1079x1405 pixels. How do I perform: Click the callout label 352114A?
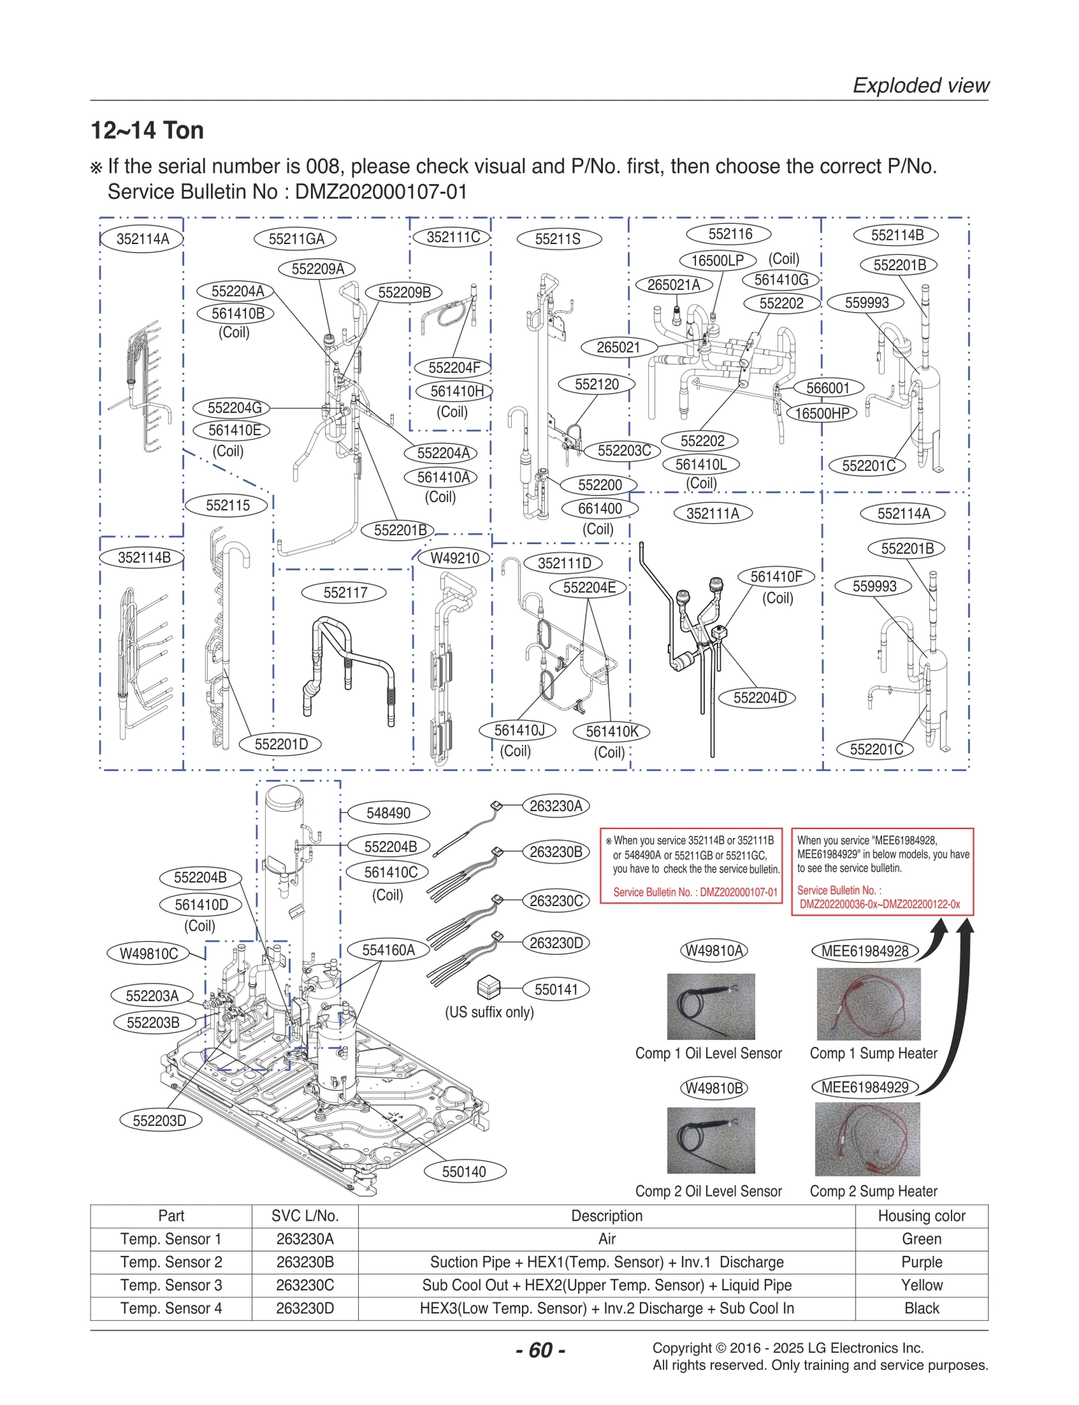[x=142, y=239]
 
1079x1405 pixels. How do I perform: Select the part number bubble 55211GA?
[x=295, y=239]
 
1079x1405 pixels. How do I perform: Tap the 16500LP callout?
[x=718, y=260]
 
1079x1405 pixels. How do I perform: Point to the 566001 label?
[x=827, y=388]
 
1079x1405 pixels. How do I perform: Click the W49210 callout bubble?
[x=454, y=558]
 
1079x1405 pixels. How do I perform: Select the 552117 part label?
[x=345, y=593]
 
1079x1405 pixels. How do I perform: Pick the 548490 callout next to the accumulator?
[x=388, y=813]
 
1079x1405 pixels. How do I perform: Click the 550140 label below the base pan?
[x=463, y=1172]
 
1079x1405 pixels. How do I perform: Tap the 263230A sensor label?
[x=556, y=806]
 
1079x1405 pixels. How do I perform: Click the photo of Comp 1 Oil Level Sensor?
[x=711, y=1006]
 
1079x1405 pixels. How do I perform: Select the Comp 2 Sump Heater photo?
[x=867, y=1139]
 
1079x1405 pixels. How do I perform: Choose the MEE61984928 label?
[x=865, y=951]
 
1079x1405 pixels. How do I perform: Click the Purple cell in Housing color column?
[x=921, y=1262]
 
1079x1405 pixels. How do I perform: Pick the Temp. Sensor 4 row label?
[x=171, y=1308]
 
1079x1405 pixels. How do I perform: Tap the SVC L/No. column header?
[x=305, y=1216]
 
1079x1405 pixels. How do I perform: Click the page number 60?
[x=541, y=1350]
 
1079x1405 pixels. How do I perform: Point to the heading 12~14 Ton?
[x=147, y=130]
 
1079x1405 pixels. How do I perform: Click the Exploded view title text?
[x=921, y=86]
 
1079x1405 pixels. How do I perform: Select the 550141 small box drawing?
[x=488, y=988]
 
